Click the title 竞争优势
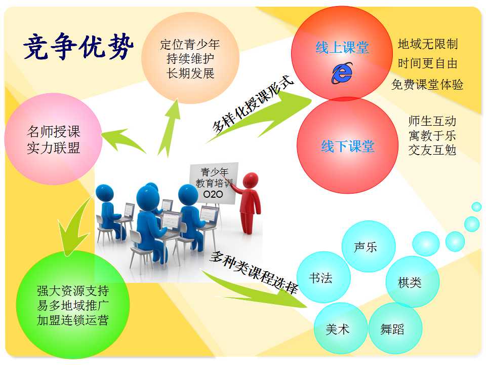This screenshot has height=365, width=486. [x=78, y=46]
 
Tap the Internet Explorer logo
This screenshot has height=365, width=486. [x=342, y=73]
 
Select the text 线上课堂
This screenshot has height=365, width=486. [x=342, y=48]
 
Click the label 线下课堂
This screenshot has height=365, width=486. [x=348, y=146]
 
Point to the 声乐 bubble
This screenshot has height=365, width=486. [x=369, y=246]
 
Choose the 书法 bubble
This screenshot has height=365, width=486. [x=323, y=277]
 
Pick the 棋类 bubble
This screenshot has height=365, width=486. [x=413, y=282]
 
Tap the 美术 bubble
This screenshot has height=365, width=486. [x=341, y=328]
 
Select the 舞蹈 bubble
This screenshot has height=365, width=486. [x=395, y=328]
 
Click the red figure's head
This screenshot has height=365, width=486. [x=251, y=180]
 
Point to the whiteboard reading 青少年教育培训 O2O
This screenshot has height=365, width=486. [x=214, y=183]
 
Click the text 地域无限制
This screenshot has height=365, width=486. [x=428, y=44]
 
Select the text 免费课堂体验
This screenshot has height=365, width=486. [x=427, y=85]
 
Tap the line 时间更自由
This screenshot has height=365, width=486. [x=428, y=64]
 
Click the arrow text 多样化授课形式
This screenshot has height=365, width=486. [x=253, y=105]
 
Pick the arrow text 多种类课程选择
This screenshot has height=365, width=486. [x=254, y=272]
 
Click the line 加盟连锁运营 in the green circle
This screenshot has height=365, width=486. [x=73, y=320]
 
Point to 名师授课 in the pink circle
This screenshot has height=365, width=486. [x=53, y=131]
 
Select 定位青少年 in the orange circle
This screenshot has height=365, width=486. [x=190, y=45]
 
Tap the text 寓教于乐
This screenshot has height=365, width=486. [x=432, y=136]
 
